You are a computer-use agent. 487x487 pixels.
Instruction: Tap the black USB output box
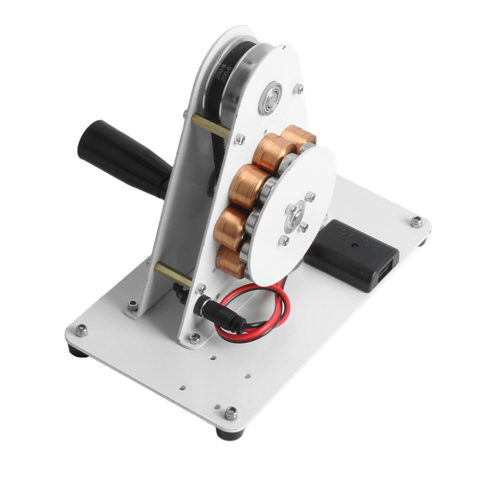tap(352, 253)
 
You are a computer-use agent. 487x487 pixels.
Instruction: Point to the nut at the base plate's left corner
tap(81, 330)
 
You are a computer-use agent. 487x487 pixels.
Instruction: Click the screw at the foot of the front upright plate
tap(194, 337)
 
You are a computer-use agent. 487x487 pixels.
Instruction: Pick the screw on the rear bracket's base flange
tap(132, 305)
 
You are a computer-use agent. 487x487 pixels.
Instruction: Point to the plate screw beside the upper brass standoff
tap(240, 139)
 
